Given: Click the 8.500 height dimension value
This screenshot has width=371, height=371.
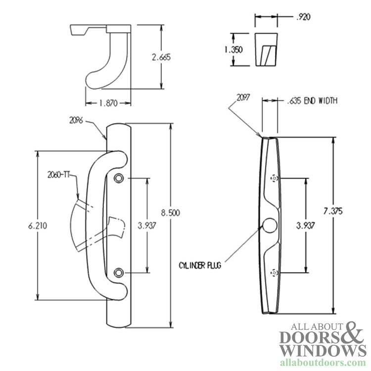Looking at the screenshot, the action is point(170,213).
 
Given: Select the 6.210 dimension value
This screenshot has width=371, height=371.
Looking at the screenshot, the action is point(38,226).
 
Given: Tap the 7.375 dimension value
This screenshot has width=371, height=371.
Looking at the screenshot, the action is point(333,211).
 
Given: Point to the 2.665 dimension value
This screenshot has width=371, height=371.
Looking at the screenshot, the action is point(161,57).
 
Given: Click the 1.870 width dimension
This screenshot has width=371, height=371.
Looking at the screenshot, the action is point(108,103).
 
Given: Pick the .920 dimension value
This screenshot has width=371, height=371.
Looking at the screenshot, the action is point(303,17).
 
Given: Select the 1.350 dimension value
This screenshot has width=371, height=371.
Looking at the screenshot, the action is point(233,49).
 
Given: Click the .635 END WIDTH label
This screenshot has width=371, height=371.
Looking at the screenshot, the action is point(312,100).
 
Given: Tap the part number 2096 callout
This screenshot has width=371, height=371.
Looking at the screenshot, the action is point(76,120).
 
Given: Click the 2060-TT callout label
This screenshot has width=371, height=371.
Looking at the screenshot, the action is point(58,175).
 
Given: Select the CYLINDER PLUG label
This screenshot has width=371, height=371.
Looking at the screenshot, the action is point(200,266).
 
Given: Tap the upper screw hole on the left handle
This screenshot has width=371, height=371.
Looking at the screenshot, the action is point(119,178).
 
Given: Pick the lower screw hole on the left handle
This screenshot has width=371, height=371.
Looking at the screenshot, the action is point(119,273).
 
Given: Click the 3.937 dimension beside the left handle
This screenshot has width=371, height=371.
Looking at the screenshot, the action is point(147,226).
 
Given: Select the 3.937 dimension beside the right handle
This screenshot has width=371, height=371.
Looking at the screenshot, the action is point(306,226).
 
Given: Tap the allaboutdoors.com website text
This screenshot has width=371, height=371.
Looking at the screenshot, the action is point(323,363).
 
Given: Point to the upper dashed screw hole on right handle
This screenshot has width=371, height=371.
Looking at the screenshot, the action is point(274,178).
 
